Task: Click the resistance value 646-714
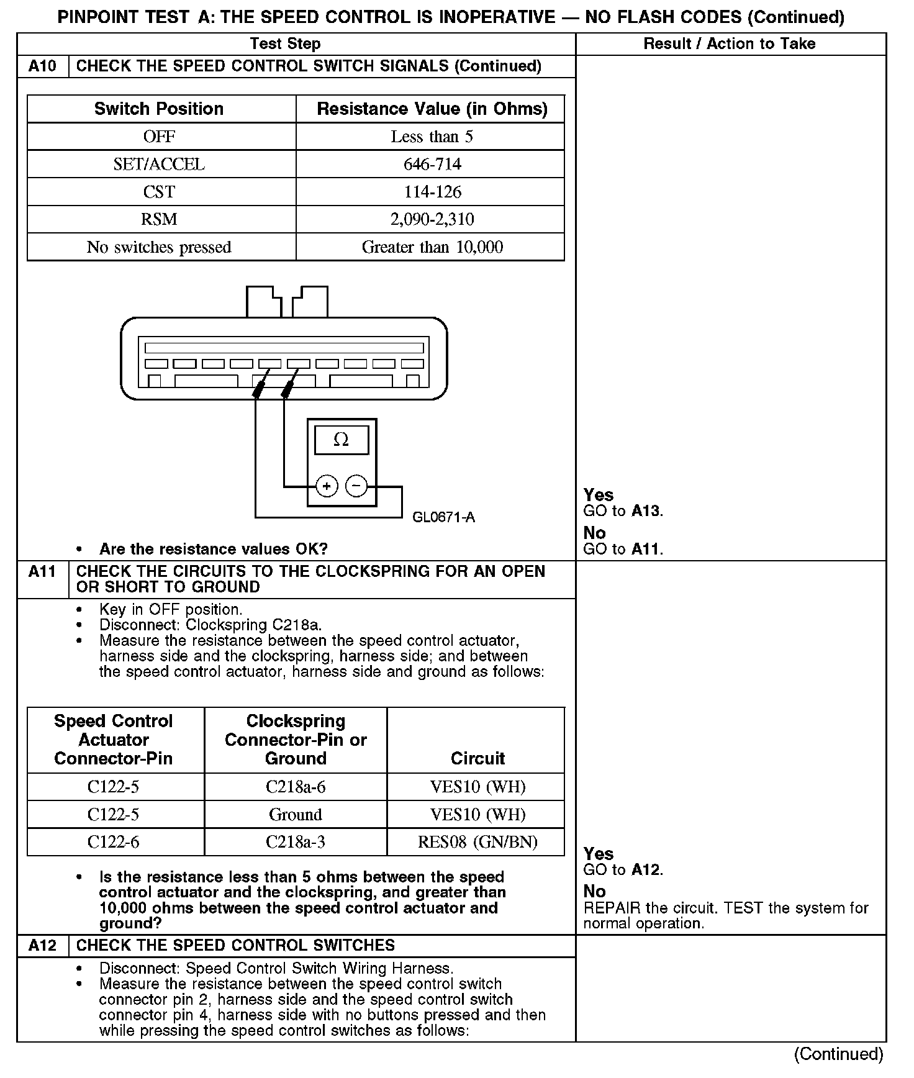432,165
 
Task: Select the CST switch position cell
160,192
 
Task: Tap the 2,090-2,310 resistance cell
432,219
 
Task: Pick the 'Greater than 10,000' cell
432,247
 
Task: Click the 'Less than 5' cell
432,137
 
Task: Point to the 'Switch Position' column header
159,109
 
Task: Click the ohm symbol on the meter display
341,440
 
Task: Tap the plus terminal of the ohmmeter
327,486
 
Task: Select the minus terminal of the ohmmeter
356,486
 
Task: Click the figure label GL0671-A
443,517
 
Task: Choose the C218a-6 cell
296,787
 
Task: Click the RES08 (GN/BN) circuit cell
477,842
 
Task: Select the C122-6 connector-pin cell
114,842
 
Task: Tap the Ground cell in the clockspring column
296,815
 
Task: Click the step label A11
42,572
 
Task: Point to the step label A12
42,946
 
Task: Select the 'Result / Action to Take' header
730,43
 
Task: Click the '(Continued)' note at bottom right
838,1054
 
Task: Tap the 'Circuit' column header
477,758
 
